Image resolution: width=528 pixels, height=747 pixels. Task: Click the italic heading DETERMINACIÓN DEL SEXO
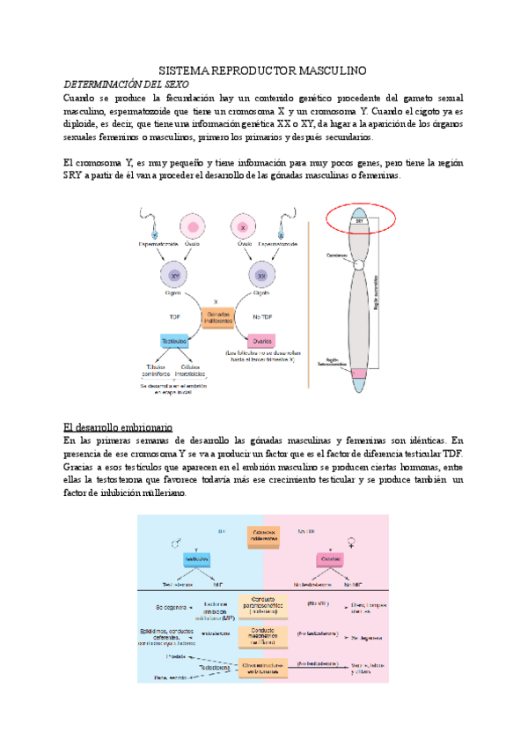click(128, 83)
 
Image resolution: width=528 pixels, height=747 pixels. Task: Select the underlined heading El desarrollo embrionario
click(119, 426)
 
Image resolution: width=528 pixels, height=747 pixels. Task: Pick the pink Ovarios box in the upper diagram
click(261, 341)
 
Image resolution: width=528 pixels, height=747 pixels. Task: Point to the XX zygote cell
click(261, 277)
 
